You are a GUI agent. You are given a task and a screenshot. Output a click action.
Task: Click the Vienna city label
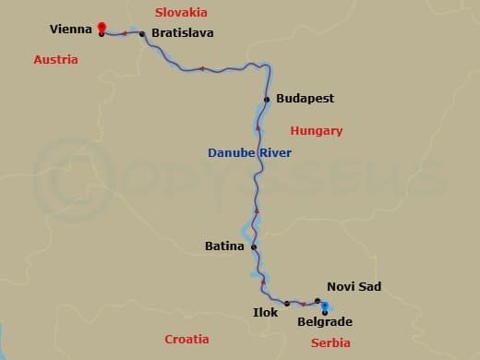(72, 30)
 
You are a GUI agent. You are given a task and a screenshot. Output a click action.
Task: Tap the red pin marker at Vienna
(101, 29)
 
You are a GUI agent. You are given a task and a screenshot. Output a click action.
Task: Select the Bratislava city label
(183, 33)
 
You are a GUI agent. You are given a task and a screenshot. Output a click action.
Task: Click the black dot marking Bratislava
(142, 33)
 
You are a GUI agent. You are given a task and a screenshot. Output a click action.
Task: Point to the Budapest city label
(305, 99)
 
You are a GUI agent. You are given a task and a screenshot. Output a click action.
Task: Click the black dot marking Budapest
(267, 99)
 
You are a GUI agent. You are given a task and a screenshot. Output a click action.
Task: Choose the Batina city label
(224, 246)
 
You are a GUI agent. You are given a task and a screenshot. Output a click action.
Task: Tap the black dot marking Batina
(254, 246)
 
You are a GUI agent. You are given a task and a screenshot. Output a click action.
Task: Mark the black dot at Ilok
(287, 303)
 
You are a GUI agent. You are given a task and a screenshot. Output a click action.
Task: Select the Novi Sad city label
(354, 287)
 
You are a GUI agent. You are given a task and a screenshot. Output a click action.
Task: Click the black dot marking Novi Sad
(318, 301)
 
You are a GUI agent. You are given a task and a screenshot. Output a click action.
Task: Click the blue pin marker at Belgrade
(325, 308)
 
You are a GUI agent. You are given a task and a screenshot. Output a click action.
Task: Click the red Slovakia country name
(181, 12)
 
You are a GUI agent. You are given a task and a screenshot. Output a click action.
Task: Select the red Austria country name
(55, 59)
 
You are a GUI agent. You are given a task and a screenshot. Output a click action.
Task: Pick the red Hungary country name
(316, 131)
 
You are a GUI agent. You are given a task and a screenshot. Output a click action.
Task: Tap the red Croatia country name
(186, 339)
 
